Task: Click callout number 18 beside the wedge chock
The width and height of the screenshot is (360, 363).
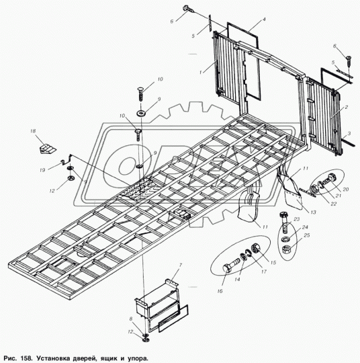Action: click(33, 131)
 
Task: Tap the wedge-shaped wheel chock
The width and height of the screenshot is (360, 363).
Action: click(47, 148)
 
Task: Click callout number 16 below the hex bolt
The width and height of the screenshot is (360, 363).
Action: click(220, 291)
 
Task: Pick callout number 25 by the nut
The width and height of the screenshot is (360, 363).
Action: click(307, 235)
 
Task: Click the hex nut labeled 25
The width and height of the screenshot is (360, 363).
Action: click(286, 250)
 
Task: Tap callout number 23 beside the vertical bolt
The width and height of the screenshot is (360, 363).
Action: click(297, 219)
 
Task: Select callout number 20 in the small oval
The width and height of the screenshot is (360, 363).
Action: click(345, 190)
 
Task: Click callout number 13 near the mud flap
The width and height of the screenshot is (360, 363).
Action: click(313, 212)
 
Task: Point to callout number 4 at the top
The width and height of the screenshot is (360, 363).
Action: click(263, 19)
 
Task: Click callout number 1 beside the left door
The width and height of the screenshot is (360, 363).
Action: click(201, 73)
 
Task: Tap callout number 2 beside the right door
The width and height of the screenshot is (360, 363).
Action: click(347, 107)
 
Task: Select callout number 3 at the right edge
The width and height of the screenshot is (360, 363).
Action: click(349, 134)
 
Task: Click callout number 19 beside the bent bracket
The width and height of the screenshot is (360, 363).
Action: click(42, 170)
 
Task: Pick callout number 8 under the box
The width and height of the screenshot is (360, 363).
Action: click(131, 319)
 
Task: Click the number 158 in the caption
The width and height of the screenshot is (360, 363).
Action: click(26, 358)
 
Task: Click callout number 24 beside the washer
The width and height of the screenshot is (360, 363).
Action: click(305, 227)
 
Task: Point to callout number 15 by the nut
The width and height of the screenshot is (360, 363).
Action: click(273, 262)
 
